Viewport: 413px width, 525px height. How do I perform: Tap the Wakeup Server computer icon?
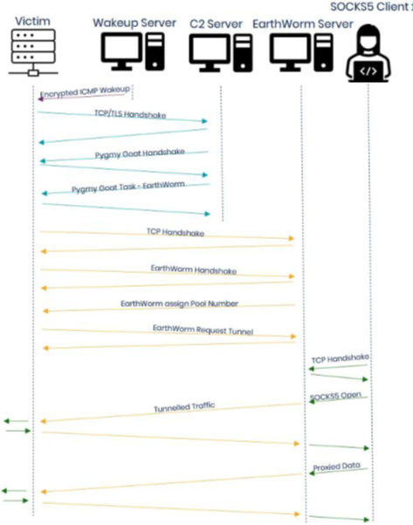pos(130,56)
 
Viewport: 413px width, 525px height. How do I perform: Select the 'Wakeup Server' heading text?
pos(134,21)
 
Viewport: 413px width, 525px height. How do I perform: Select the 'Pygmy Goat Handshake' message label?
pos(139,153)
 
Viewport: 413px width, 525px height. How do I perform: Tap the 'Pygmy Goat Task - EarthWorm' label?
pos(127,187)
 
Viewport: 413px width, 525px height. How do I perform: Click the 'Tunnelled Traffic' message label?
pos(183,407)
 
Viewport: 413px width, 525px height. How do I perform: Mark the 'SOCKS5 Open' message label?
pos(338,397)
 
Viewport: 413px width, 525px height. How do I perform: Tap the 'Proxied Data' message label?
pos(336,467)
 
